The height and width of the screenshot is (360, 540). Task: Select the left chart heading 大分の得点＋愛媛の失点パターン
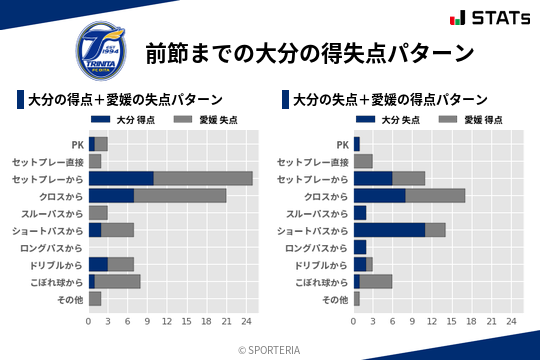[125, 100]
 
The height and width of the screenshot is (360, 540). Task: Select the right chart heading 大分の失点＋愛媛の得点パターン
[391, 100]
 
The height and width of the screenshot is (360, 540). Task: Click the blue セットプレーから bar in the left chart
[121, 178]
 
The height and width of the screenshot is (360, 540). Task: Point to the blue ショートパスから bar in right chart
[390, 229]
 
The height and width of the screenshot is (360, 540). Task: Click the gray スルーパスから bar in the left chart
[98, 212]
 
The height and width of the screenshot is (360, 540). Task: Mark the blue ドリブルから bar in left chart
[98, 264]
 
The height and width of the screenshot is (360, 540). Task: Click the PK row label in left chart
[77, 144]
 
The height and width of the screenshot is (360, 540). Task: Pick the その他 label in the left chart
[70, 298]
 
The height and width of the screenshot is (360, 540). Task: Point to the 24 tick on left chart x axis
[246, 321]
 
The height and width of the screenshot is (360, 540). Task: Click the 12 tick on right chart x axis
[432, 321]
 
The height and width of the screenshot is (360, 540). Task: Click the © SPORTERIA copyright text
[270, 349]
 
